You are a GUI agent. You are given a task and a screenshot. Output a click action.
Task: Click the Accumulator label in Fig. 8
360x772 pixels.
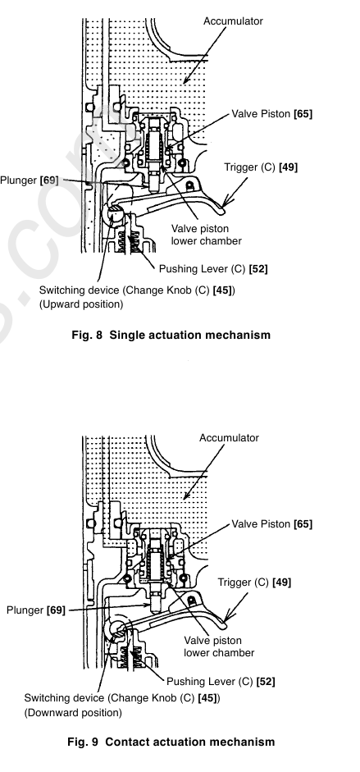(x=233, y=21)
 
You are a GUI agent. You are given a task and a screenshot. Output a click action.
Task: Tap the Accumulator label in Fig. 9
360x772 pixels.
(x=229, y=438)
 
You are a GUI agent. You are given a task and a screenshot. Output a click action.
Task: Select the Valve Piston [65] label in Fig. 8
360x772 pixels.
(x=272, y=114)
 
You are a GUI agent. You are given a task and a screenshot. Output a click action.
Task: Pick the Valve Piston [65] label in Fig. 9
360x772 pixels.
(x=272, y=524)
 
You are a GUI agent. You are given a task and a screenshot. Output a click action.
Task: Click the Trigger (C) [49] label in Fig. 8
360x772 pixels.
(x=261, y=167)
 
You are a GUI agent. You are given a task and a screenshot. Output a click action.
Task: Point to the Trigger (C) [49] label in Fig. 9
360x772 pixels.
(x=255, y=582)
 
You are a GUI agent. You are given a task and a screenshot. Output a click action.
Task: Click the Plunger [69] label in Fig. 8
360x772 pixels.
(x=29, y=180)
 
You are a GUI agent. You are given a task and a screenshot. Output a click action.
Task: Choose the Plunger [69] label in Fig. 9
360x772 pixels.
(x=36, y=610)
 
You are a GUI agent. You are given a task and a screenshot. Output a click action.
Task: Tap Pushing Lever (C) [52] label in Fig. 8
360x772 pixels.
(x=213, y=269)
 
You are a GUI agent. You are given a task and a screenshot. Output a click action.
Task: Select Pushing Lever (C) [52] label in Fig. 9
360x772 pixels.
(x=221, y=682)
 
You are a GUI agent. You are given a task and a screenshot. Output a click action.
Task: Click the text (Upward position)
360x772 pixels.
(x=81, y=304)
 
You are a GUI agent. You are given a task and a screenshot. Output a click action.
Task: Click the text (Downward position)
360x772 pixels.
(x=73, y=712)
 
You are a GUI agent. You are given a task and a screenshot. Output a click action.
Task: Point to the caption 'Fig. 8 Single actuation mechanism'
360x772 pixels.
(x=171, y=335)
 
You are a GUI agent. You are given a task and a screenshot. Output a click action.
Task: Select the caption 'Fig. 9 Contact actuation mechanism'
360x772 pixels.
(x=171, y=742)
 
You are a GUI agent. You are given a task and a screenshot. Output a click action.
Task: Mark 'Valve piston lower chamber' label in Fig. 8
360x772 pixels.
(x=207, y=235)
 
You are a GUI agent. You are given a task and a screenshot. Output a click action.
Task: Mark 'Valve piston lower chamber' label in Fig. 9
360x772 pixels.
(x=219, y=646)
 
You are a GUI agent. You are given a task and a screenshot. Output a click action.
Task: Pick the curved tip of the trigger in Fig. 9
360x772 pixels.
(x=224, y=624)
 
